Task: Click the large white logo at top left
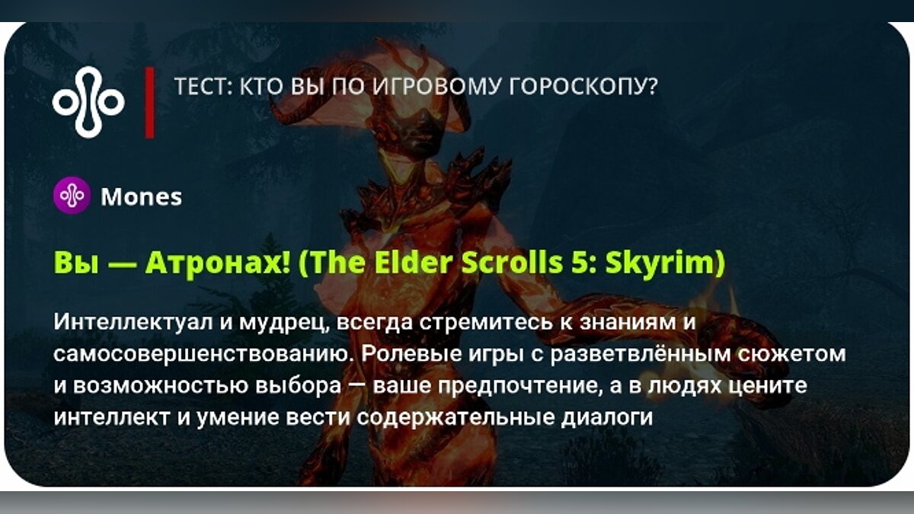point(88,102)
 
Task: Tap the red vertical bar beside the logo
point(150,102)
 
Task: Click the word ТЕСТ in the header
point(203,87)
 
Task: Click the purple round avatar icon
point(72,196)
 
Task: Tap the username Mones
point(141,197)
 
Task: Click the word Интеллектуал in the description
point(133,321)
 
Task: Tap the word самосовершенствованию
point(204,354)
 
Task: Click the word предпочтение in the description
point(518,386)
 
